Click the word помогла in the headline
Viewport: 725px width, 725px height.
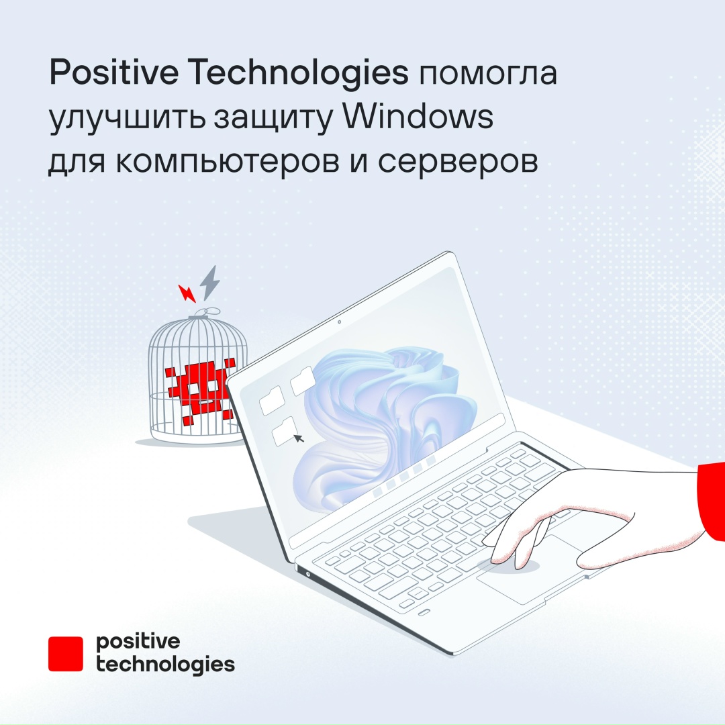click(489, 74)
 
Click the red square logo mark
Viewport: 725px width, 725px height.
click(65, 653)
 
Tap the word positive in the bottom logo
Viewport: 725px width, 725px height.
click(138, 641)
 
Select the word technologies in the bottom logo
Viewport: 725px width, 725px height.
click(165, 665)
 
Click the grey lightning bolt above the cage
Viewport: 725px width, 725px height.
click(210, 283)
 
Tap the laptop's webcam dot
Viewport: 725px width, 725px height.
click(339, 323)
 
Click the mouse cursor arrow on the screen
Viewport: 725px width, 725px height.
click(298, 438)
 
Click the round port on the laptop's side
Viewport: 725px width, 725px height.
click(307, 574)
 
